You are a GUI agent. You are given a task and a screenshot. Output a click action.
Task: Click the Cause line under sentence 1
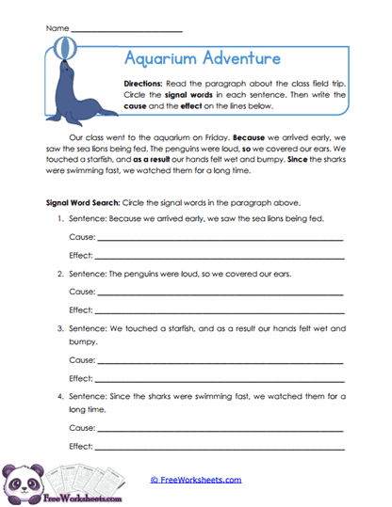(x=220, y=240)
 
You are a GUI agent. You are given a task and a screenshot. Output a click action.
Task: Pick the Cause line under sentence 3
(x=220, y=361)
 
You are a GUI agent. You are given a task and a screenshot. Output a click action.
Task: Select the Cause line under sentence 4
(x=220, y=430)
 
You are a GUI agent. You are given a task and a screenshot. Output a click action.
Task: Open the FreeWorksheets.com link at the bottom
(x=196, y=480)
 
